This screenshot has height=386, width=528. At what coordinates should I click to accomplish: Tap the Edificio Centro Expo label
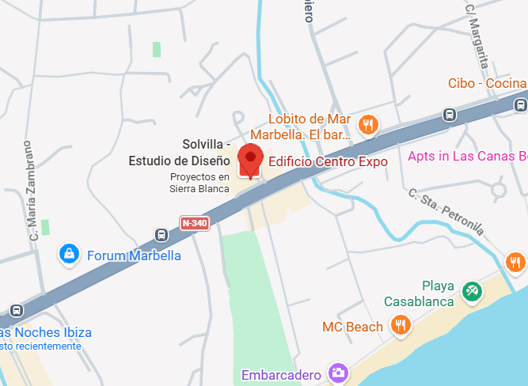(328, 162)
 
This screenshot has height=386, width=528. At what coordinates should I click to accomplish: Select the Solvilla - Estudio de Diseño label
(179, 153)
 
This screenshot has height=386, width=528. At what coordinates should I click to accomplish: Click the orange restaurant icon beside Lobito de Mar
(367, 124)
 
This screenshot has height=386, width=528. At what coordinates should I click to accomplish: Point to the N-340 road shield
(194, 223)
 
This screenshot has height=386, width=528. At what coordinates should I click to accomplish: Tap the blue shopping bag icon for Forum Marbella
(70, 255)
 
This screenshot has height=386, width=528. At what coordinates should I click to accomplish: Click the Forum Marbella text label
(134, 255)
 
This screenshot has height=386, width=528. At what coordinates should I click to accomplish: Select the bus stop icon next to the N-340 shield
(161, 235)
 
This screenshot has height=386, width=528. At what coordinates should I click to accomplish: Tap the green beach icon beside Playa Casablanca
(472, 292)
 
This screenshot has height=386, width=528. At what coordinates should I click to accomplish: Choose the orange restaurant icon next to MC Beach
(401, 325)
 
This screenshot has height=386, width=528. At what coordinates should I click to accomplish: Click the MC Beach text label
(352, 327)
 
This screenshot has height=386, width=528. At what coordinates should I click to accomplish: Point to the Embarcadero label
(282, 374)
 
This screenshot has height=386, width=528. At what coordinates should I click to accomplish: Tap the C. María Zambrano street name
(32, 190)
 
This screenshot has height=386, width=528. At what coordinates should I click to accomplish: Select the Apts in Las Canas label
(467, 156)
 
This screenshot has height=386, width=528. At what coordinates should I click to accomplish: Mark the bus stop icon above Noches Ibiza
(17, 312)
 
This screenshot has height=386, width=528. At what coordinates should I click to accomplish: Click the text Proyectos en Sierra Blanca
(199, 183)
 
